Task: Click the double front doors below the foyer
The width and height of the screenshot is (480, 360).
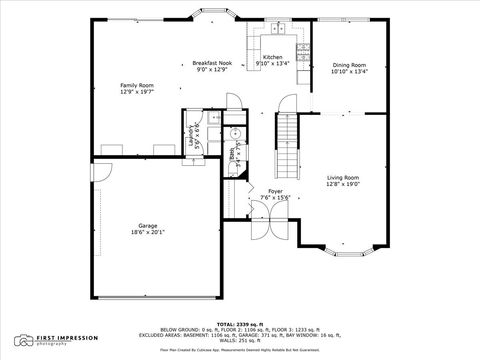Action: [258, 229]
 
